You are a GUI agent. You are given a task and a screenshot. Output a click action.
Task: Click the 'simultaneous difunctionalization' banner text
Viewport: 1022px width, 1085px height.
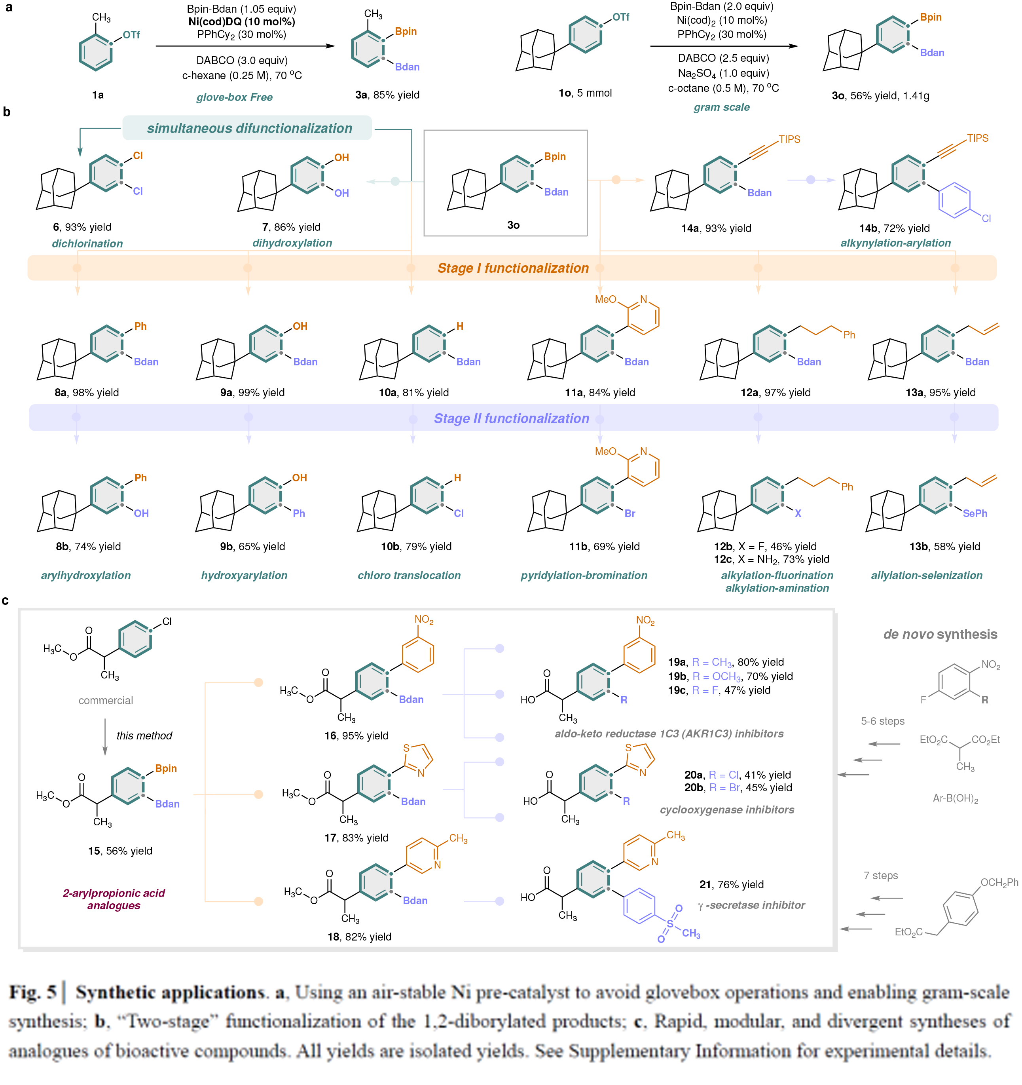tap(249, 128)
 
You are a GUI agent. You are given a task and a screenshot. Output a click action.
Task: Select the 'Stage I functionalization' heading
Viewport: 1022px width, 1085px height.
tap(513, 268)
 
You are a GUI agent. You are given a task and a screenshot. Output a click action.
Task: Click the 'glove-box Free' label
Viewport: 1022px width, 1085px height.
tap(234, 97)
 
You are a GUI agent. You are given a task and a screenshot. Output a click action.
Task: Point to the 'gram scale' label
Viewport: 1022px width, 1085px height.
tap(721, 107)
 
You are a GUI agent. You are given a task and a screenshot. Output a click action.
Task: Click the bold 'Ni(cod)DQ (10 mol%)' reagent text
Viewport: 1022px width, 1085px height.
tap(242, 22)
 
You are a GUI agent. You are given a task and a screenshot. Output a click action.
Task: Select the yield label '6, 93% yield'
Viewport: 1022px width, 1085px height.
tap(82, 227)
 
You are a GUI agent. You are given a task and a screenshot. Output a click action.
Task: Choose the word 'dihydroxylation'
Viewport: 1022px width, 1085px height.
tap(292, 243)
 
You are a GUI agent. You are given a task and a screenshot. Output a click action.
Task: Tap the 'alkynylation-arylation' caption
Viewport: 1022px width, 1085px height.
tap(895, 243)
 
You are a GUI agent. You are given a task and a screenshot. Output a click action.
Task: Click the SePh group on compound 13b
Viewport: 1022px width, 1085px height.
tap(975, 513)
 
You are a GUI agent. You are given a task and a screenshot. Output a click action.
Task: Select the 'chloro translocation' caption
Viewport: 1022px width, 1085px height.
tap(409, 575)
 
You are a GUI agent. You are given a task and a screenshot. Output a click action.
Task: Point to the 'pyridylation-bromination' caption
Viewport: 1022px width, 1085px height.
tap(584, 575)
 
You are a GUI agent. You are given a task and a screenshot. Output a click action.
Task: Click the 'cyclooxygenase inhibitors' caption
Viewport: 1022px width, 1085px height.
tap(727, 810)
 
